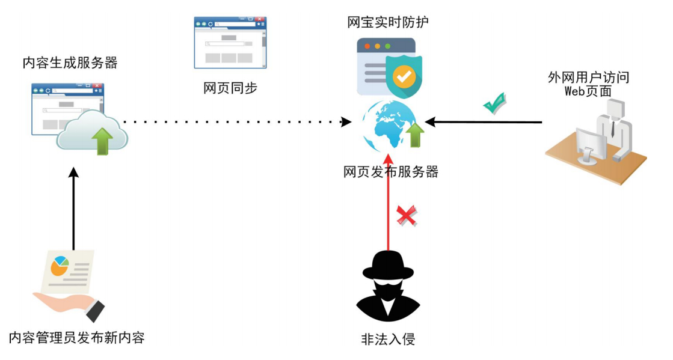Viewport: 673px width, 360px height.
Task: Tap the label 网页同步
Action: click(230, 88)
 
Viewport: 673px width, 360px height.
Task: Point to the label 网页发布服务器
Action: click(391, 172)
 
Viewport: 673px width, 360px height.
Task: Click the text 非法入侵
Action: click(387, 339)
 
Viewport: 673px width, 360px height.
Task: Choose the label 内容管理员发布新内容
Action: click(77, 337)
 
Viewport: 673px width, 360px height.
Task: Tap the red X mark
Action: click(407, 215)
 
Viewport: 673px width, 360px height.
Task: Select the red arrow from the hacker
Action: click(389, 204)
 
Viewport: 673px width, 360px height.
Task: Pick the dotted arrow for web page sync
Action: click(241, 122)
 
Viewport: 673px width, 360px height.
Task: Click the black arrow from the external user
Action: click(487, 122)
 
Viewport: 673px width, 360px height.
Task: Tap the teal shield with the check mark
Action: click(404, 76)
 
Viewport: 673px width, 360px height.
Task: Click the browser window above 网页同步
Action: click(230, 42)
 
